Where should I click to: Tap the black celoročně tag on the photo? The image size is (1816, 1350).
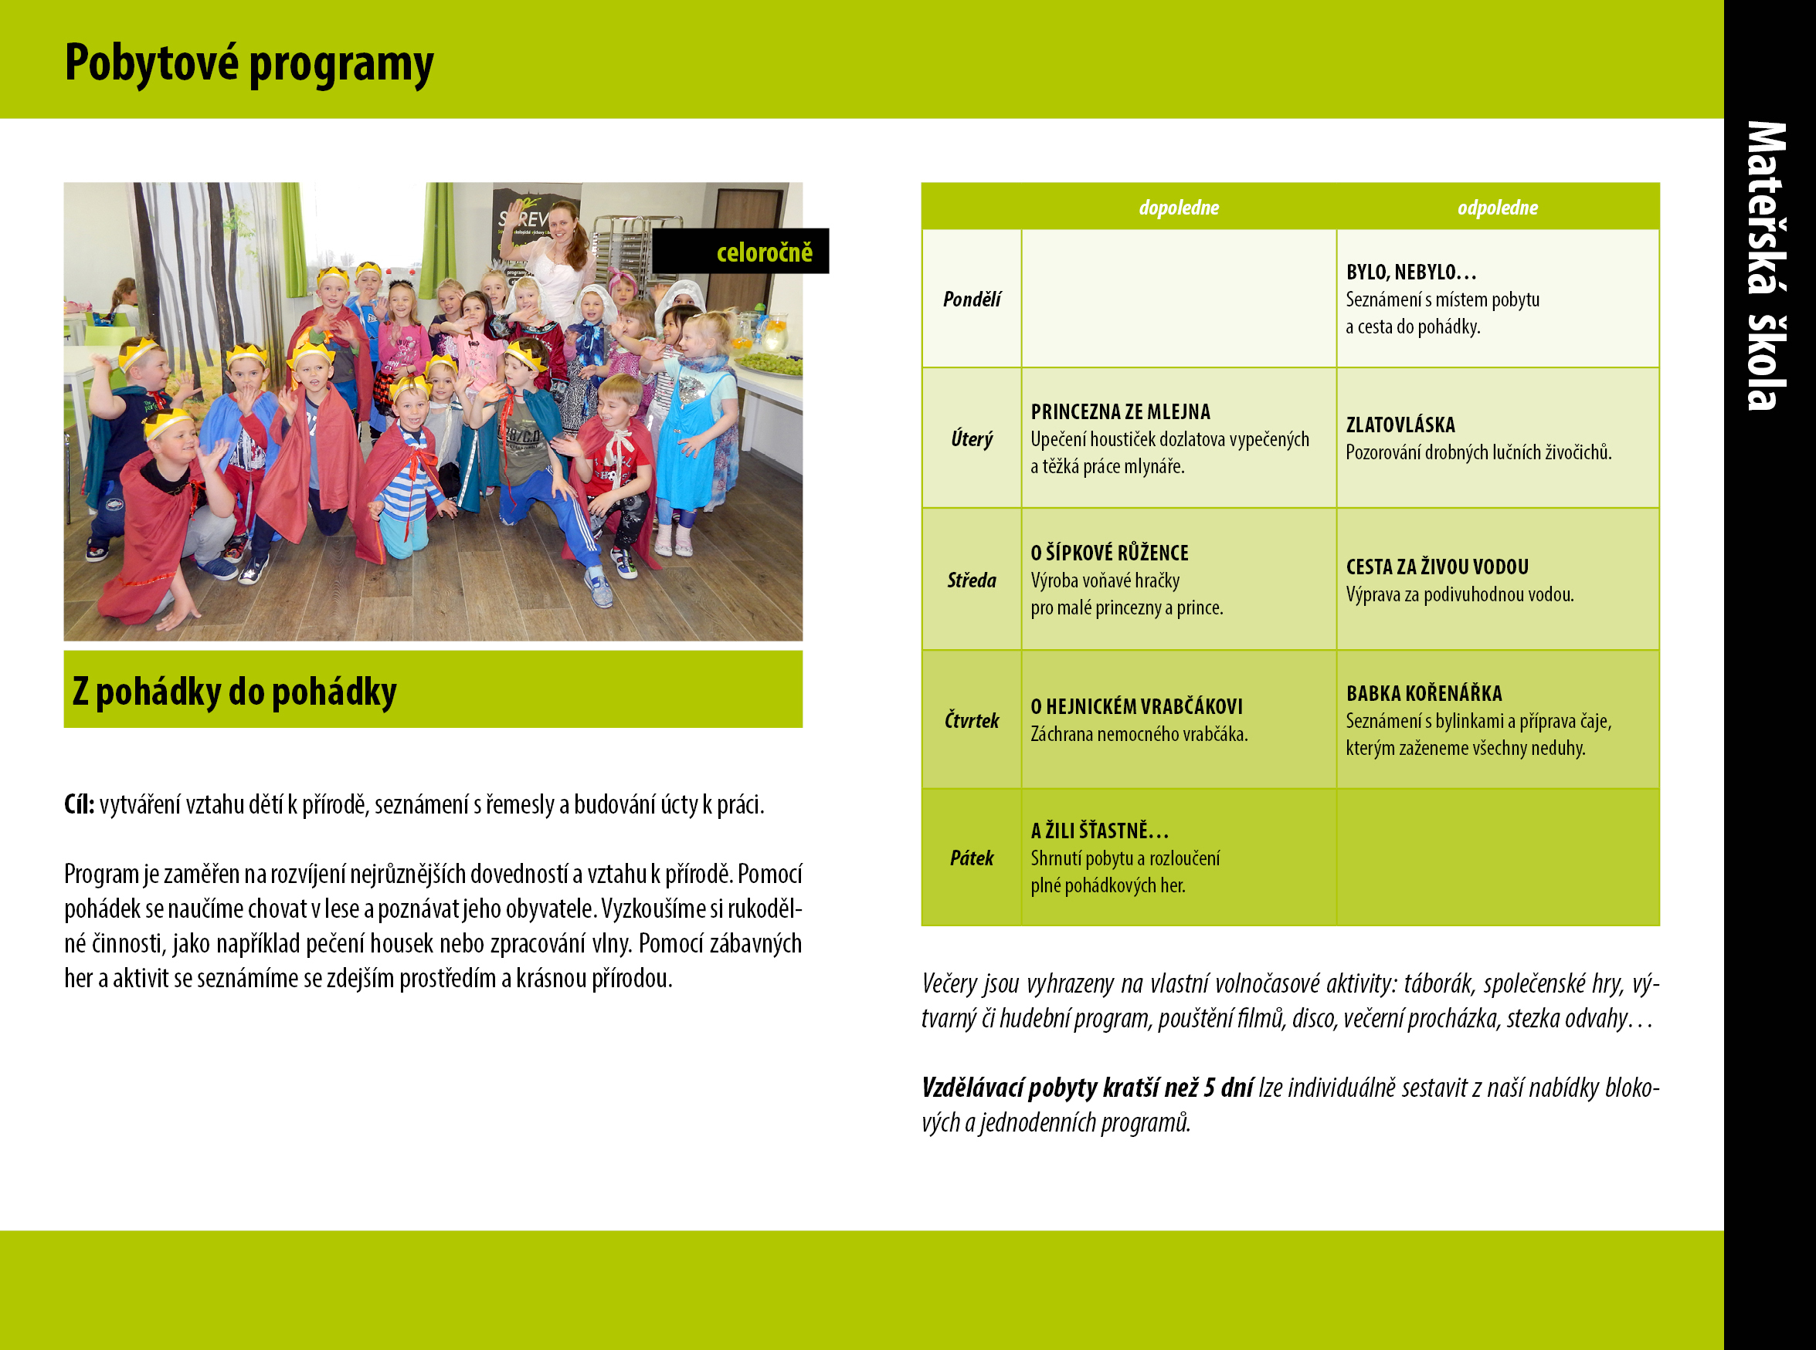[x=740, y=251]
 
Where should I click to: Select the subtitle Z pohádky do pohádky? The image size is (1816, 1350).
[x=235, y=692]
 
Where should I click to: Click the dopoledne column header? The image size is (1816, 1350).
[x=1178, y=208]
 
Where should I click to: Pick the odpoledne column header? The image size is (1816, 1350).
[x=1497, y=208]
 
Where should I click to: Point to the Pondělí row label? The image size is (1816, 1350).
[x=972, y=299]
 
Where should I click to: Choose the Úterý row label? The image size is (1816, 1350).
[x=972, y=439]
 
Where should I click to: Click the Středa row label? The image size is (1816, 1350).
[x=972, y=580]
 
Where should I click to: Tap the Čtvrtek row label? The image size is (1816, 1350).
[x=972, y=720]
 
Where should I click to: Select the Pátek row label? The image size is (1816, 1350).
[x=972, y=858]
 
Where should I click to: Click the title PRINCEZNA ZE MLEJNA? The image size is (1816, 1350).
[x=1120, y=412]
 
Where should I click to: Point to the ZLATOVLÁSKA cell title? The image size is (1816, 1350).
[x=1400, y=425]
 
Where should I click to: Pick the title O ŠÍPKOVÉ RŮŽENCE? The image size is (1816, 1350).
[x=1109, y=553]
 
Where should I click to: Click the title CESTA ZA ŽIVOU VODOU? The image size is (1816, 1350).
[x=1438, y=567]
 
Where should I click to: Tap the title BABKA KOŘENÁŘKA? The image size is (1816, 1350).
[x=1424, y=694]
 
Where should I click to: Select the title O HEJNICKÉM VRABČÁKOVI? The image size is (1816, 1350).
[x=1136, y=707]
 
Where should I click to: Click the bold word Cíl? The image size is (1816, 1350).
[x=80, y=805]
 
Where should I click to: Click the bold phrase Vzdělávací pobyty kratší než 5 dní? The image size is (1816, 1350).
[x=1088, y=1088]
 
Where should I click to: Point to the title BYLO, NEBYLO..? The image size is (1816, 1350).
[x=1411, y=272]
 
